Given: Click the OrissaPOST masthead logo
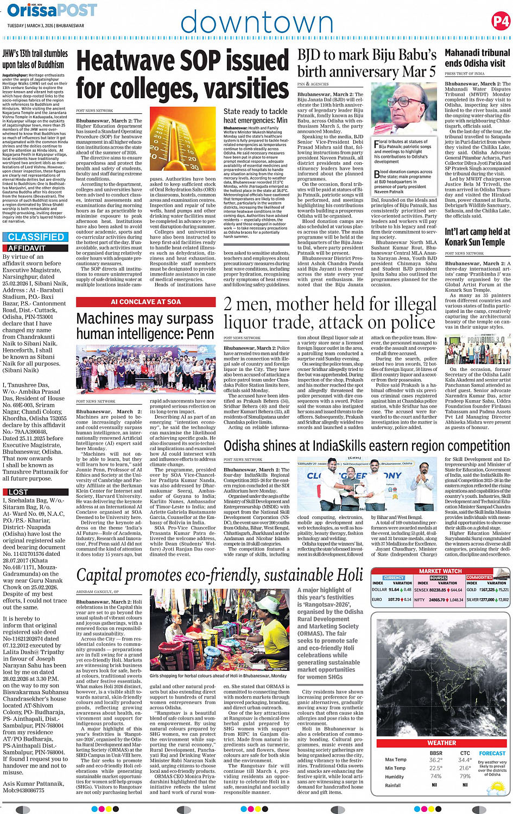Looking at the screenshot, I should point(52,10).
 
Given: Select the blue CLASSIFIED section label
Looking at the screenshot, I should point(36,237).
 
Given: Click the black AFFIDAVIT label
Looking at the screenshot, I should point(27,248).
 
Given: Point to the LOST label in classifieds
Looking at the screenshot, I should point(18,492).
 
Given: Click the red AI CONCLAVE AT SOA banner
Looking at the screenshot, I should point(145,302).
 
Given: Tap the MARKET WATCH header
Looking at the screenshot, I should point(440,571).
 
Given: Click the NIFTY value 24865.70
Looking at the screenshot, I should point(436,600).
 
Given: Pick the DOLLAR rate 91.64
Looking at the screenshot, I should point(394,589).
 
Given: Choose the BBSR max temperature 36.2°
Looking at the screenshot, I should point(435,760).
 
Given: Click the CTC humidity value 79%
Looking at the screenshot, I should point(465,776).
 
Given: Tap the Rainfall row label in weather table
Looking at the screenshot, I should point(393,785).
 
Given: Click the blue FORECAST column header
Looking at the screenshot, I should point(492,753).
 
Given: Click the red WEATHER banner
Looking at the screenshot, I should point(441,742).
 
